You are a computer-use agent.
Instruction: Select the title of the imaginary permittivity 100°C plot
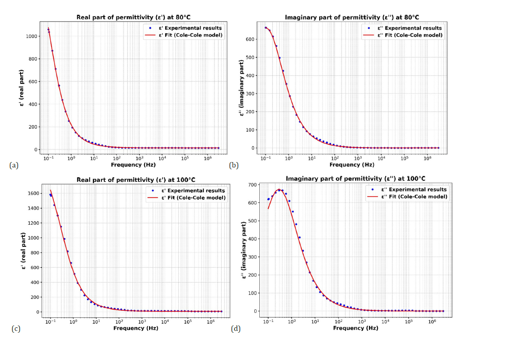(x=355, y=179)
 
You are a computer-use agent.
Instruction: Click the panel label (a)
(x=14, y=166)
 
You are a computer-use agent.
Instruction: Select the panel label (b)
(x=233, y=166)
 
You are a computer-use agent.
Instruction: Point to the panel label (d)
(x=236, y=329)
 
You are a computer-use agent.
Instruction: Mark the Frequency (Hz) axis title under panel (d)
(x=355, y=328)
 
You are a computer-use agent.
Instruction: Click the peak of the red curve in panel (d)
(x=279, y=189)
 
